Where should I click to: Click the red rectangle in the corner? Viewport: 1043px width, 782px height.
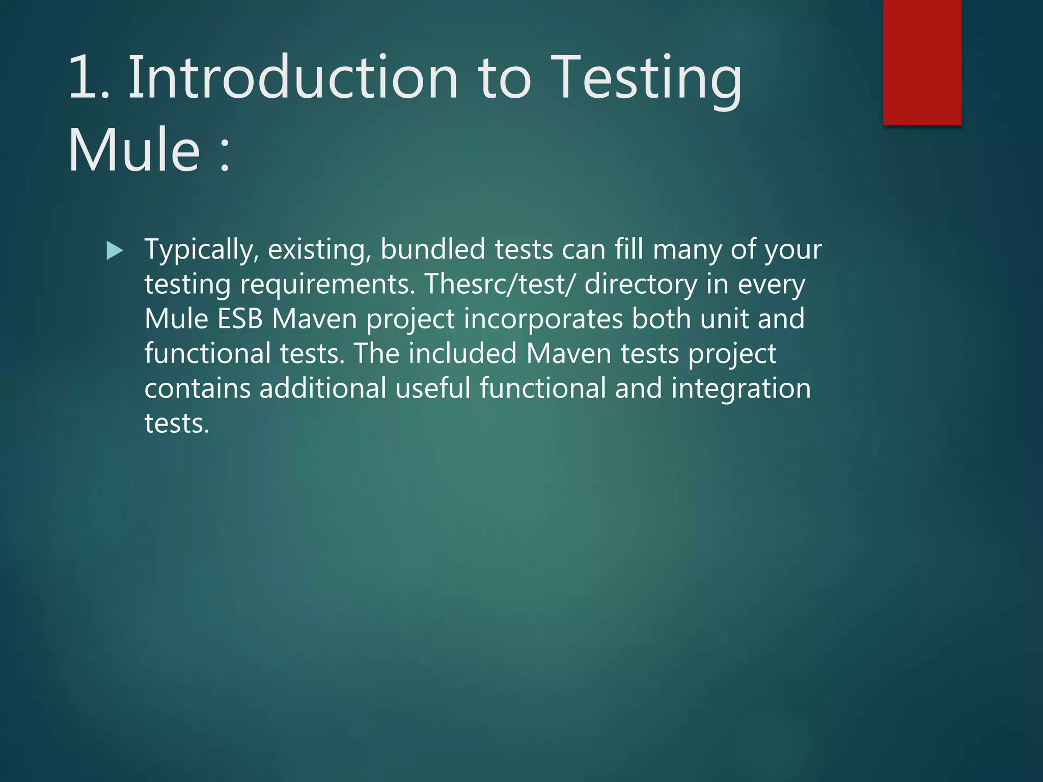pyautogui.click(x=922, y=62)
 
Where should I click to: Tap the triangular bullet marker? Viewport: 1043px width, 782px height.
pyautogui.click(x=115, y=250)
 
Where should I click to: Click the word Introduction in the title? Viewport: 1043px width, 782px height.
pyautogui.click(x=293, y=78)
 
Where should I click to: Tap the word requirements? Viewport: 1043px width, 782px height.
pyautogui.click(x=327, y=285)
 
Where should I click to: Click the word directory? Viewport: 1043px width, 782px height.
pyautogui.click(x=640, y=285)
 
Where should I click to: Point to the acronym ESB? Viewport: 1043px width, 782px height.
pyautogui.click(x=240, y=319)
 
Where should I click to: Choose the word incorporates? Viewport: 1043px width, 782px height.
pyautogui.click(x=543, y=319)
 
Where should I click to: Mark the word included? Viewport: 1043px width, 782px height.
pyautogui.click(x=462, y=353)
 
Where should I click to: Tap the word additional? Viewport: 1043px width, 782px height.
pyautogui.click(x=323, y=388)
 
